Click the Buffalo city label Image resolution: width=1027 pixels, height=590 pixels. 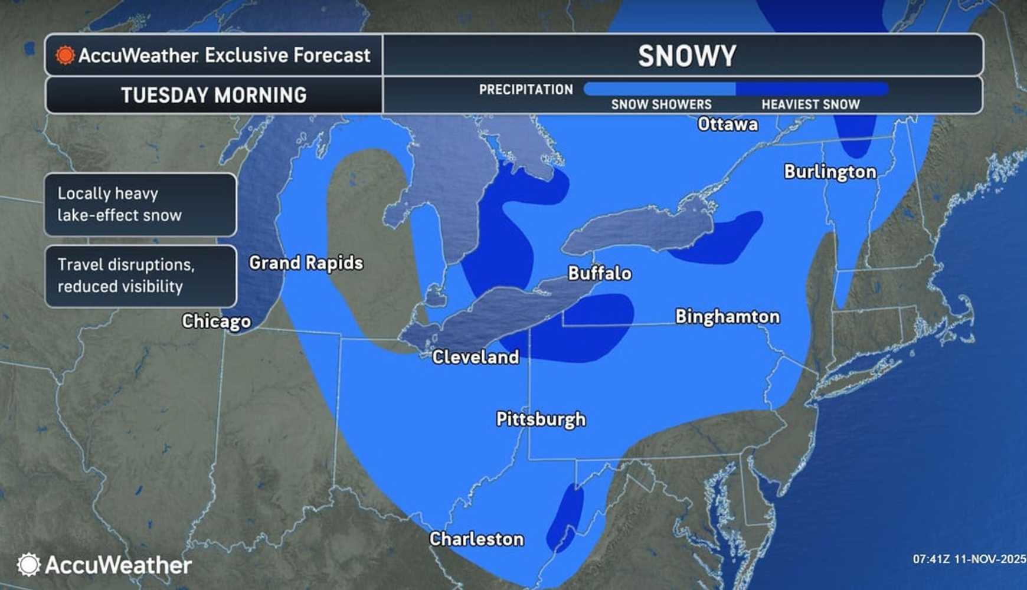[x=599, y=273]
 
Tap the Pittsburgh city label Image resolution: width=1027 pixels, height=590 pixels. [x=541, y=419]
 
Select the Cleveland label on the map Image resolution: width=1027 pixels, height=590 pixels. [x=475, y=357]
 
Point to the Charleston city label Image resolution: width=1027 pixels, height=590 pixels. [x=476, y=539]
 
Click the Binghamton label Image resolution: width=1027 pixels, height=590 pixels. [x=727, y=317]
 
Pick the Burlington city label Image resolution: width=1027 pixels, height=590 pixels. [x=830, y=172]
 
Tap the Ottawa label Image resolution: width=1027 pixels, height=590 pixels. [x=727, y=124]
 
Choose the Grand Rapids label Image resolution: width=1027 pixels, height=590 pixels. [x=306, y=263]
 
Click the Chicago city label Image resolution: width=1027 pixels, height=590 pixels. [x=216, y=321]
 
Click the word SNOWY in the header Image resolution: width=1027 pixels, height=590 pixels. [x=686, y=56]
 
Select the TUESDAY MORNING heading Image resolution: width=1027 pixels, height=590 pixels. [x=214, y=95]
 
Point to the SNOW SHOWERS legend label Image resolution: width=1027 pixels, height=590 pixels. [x=661, y=104]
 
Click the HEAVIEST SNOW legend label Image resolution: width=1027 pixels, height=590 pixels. [x=810, y=104]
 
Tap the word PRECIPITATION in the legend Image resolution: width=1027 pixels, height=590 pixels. [x=525, y=90]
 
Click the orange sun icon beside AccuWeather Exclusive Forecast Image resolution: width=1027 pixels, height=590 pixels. [x=65, y=55]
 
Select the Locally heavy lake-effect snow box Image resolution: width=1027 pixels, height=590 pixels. [x=140, y=204]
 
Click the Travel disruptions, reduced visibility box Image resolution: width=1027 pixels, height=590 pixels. [x=140, y=276]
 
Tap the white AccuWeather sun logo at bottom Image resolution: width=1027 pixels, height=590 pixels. [x=28, y=565]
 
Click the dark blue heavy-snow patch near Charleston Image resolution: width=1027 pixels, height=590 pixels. [x=565, y=518]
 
